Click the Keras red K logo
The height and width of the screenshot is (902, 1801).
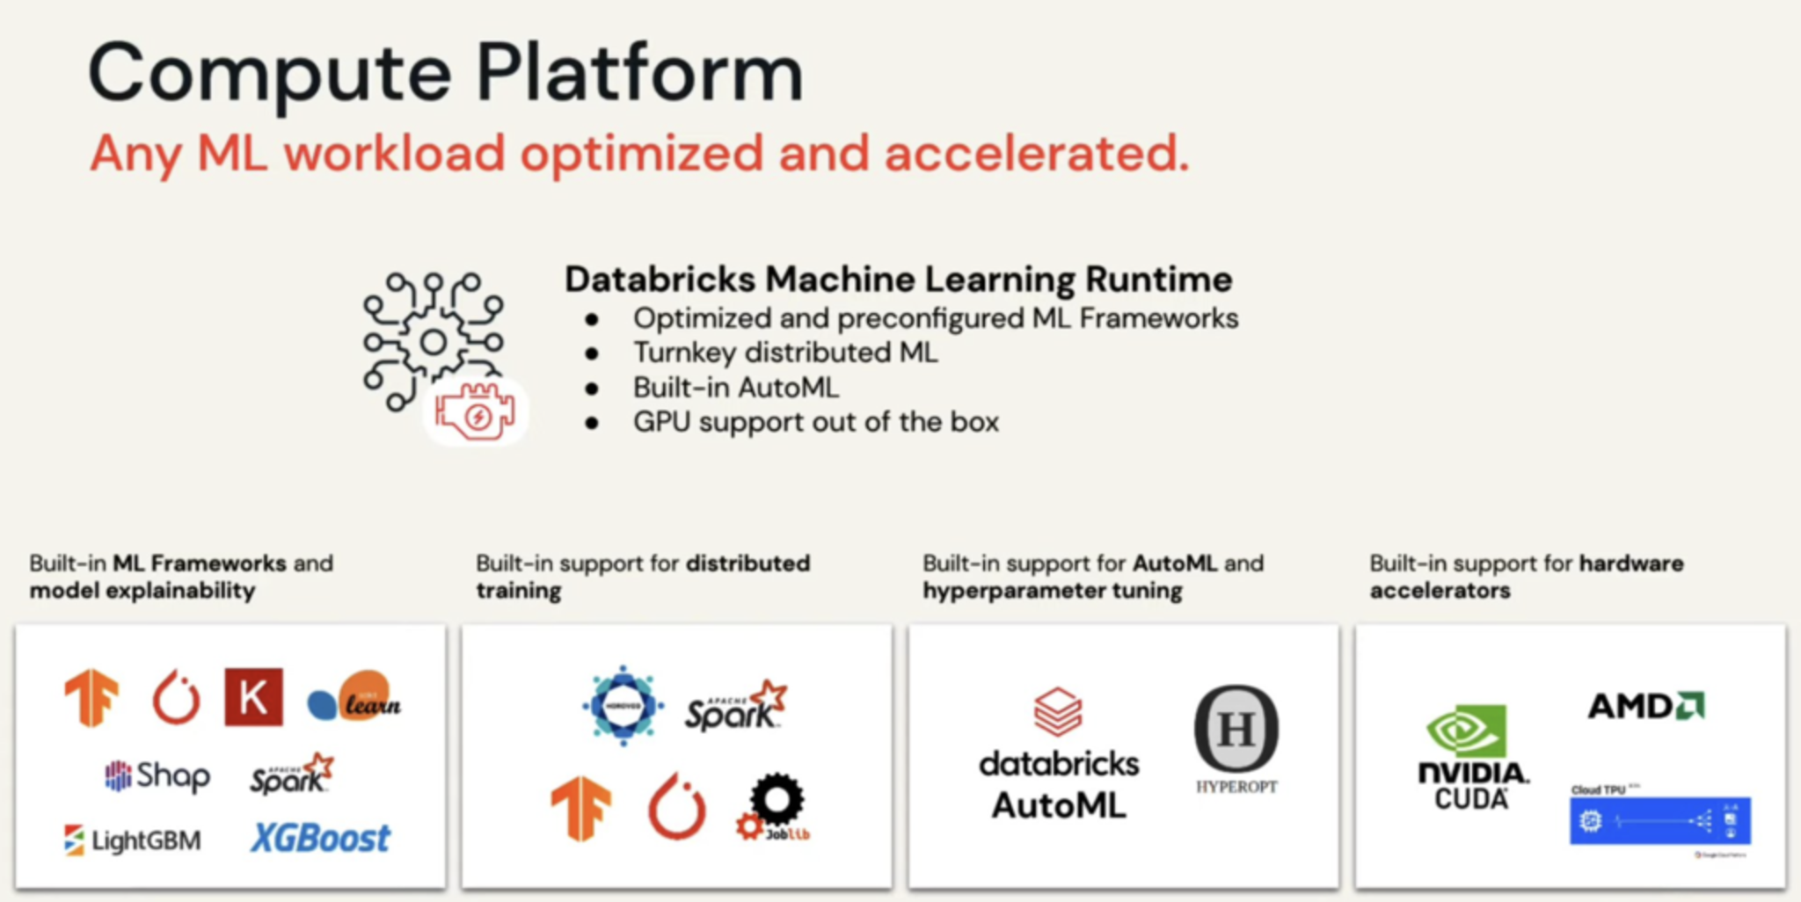[x=253, y=697]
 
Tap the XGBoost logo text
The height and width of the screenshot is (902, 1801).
[x=320, y=839]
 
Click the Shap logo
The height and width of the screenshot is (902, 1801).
[x=157, y=775]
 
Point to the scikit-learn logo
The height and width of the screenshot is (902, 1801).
[x=354, y=698]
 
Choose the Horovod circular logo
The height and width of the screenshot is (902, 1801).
[x=623, y=706]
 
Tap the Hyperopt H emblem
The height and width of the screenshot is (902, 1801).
[x=1236, y=729]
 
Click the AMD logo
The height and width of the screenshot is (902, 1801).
[x=1645, y=706]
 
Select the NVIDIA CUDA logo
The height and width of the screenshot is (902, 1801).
[x=1472, y=756]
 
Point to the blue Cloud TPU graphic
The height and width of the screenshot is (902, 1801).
[x=1659, y=820]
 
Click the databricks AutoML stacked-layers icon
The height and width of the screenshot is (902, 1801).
[x=1058, y=711]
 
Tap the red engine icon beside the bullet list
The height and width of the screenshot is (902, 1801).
[x=476, y=411]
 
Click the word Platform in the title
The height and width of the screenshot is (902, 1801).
[x=639, y=72]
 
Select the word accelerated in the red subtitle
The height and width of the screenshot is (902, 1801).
[x=1036, y=153]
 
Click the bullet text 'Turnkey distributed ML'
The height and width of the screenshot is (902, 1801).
[x=785, y=353]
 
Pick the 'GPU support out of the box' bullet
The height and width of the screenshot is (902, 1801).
[x=815, y=422]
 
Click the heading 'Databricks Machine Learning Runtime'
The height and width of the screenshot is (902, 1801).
[x=898, y=280]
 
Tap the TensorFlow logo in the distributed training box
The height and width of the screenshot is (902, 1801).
[x=581, y=807]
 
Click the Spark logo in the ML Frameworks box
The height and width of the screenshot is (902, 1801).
[x=291, y=775]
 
